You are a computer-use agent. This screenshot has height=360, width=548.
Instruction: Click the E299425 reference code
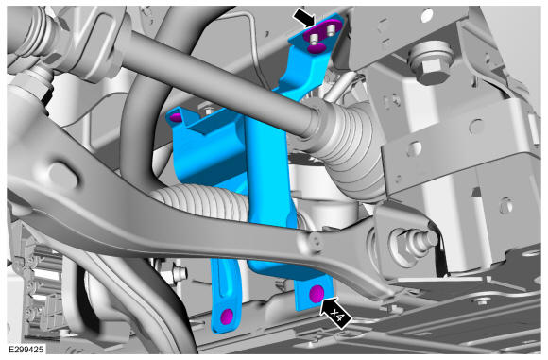click(26, 349)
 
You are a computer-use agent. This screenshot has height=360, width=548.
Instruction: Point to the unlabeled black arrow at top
click(303, 18)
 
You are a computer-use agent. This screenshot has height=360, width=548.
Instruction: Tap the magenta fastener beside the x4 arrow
click(317, 294)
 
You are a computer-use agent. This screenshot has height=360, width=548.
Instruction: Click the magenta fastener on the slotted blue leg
click(227, 317)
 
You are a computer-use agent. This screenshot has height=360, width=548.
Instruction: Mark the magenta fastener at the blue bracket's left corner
click(176, 117)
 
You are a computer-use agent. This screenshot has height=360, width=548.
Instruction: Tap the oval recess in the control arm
click(63, 176)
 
